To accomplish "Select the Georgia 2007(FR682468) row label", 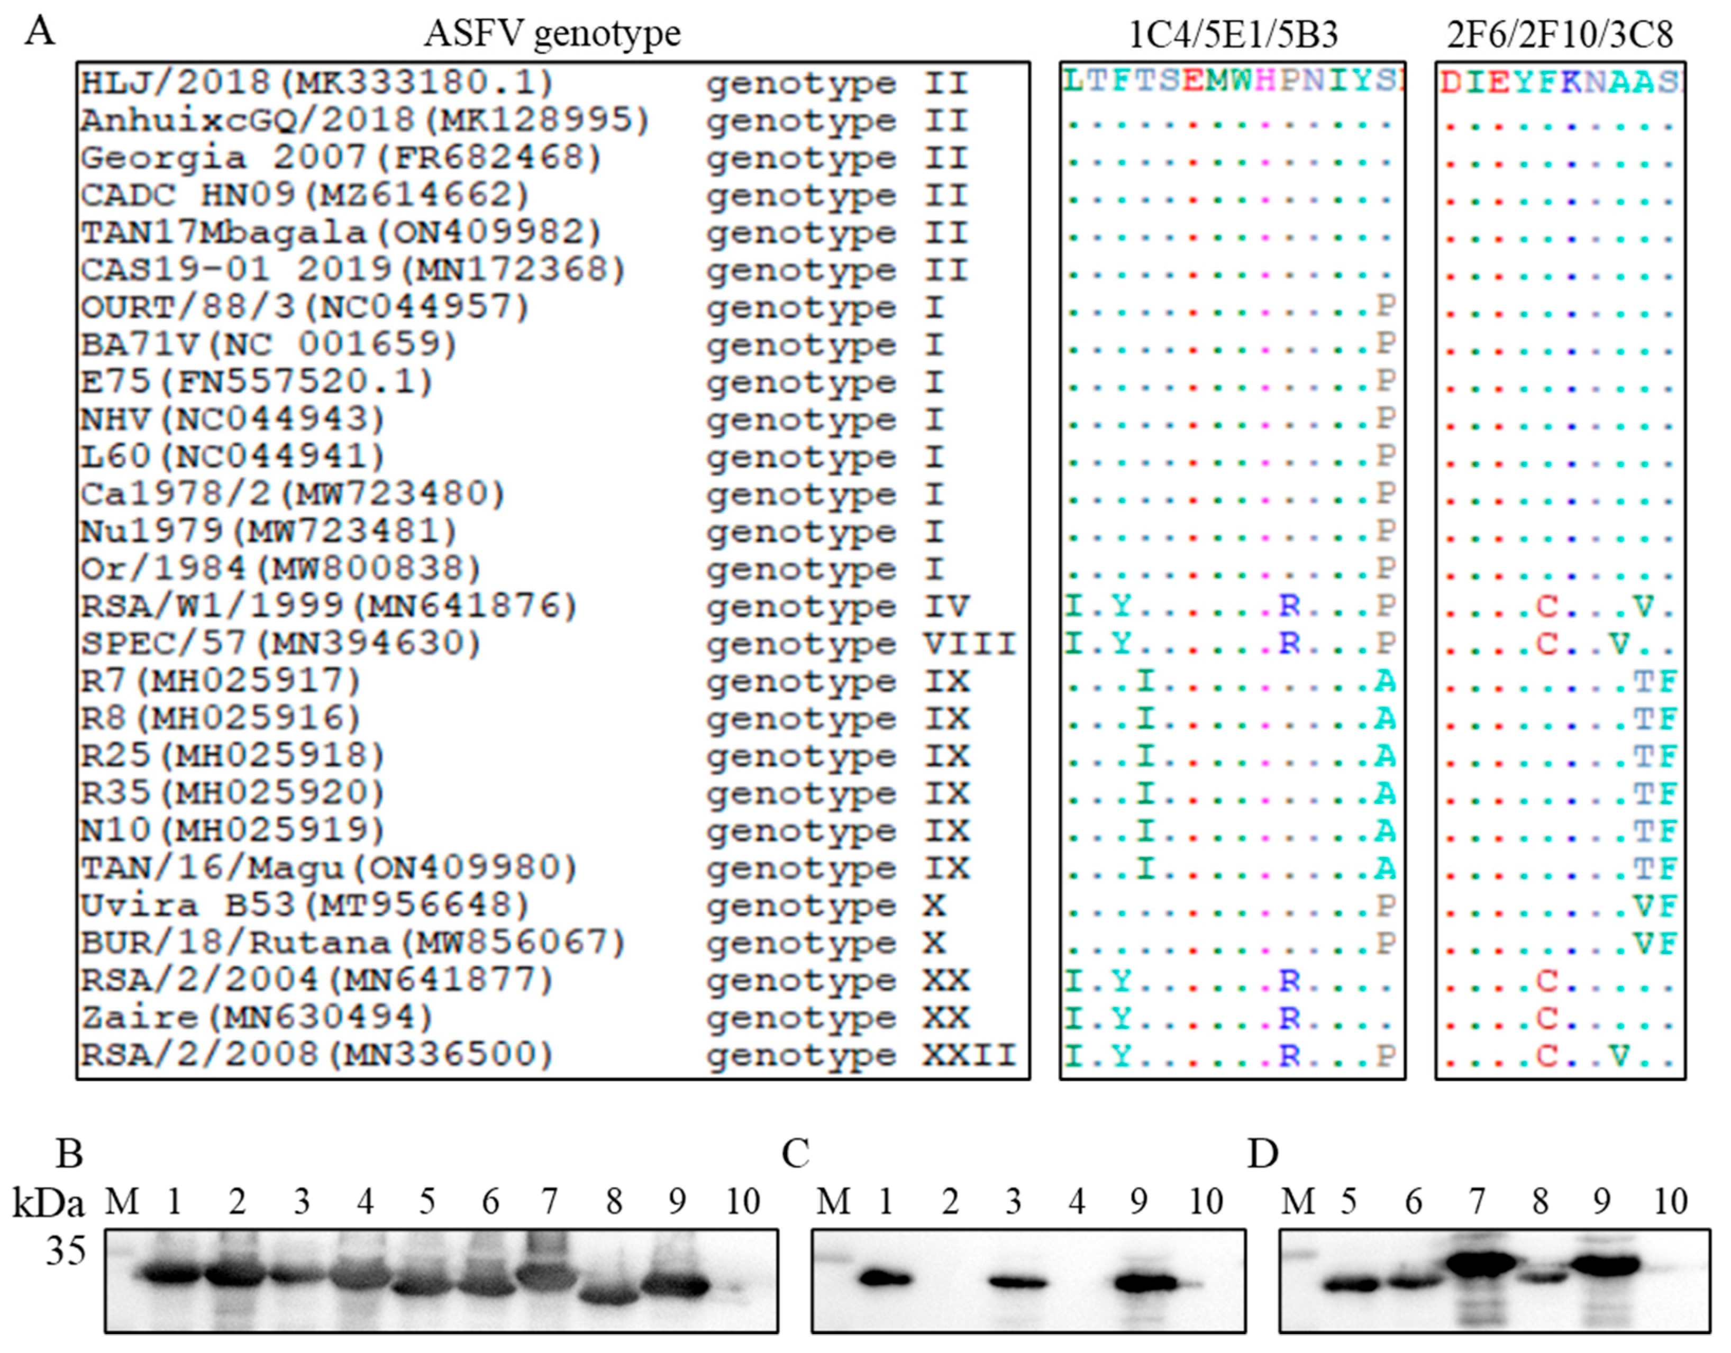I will tap(341, 157).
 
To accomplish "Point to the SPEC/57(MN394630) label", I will tap(280, 643).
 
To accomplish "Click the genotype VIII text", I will tap(861, 644).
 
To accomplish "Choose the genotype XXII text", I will tap(861, 1055).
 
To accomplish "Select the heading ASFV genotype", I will tap(552, 34).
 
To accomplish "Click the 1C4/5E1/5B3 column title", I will tap(1233, 34).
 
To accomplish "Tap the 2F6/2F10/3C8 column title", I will tap(1560, 34).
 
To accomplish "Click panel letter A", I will tap(40, 32).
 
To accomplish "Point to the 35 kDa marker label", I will tap(65, 1251).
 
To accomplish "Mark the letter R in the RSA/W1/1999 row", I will tap(1290, 606).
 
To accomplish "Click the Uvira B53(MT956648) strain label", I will tap(304, 905).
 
